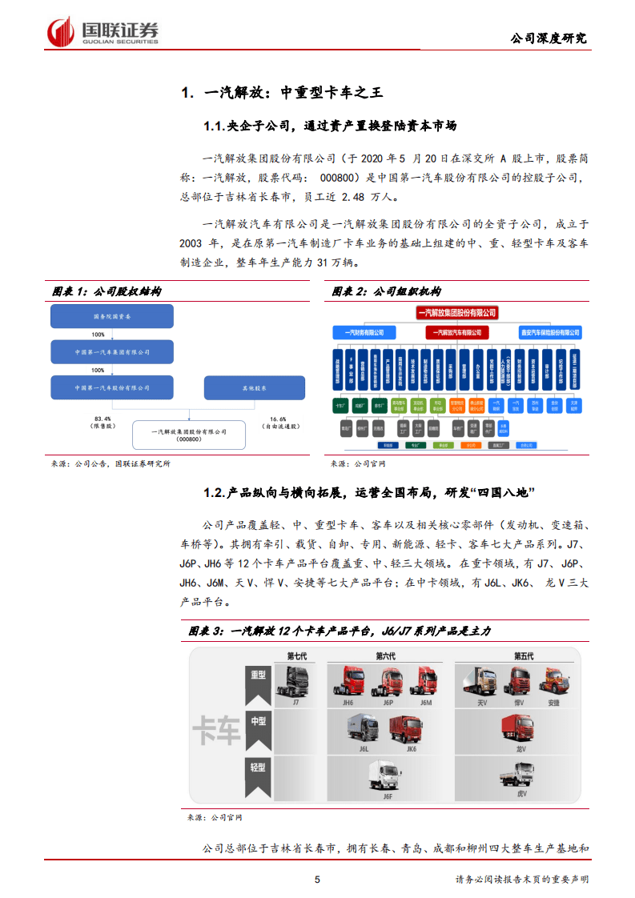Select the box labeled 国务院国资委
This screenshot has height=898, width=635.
[x=113, y=317]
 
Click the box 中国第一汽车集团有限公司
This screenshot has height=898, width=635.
[x=113, y=352]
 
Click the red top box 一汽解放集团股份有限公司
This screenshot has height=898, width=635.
[x=456, y=312]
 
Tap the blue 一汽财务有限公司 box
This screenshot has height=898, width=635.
[x=364, y=331]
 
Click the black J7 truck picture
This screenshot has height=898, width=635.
[x=295, y=681]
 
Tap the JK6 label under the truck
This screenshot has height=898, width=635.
[x=411, y=750]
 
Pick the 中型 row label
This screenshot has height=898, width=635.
[x=256, y=721]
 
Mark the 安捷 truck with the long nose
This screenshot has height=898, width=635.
[x=553, y=681]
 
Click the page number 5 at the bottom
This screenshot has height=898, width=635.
[x=317, y=880]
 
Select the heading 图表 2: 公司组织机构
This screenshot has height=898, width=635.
[x=386, y=291]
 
